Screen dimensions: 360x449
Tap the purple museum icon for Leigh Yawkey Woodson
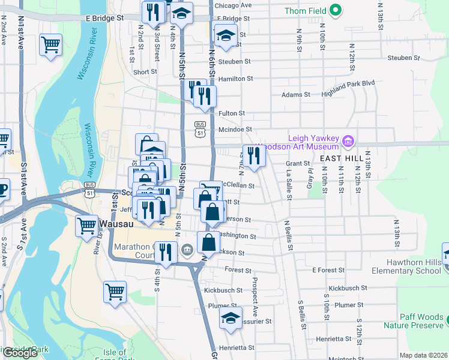click(x=348, y=142)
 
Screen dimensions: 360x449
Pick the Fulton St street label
click(x=232, y=113)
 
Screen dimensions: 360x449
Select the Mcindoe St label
click(x=234, y=129)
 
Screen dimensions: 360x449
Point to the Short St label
click(x=145, y=72)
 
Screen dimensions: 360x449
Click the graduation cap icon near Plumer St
click(x=231, y=319)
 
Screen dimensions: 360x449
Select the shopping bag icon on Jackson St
click(x=208, y=243)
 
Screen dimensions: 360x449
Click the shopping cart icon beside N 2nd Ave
click(x=51, y=44)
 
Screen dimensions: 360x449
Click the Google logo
click(x=20, y=353)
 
